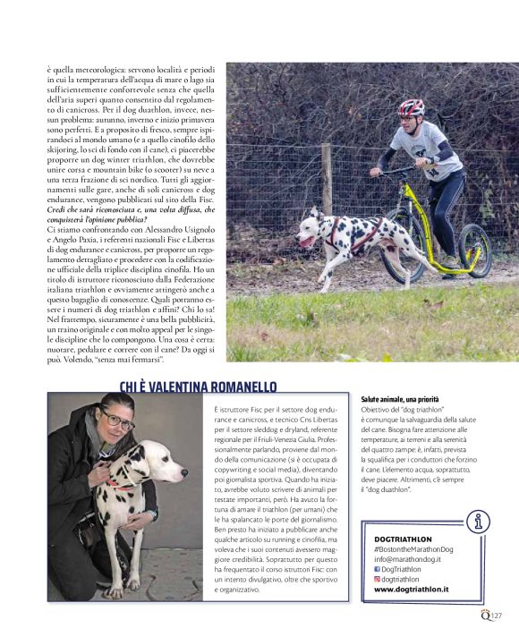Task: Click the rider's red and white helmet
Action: pyautogui.click(x=411, y=108)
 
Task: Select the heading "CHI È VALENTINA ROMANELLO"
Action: pyautogui.click(x=199, y=386)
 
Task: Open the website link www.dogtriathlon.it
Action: pyautogui.click(x=411, y=590)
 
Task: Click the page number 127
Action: pyautogui.click(x=497, y=615)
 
